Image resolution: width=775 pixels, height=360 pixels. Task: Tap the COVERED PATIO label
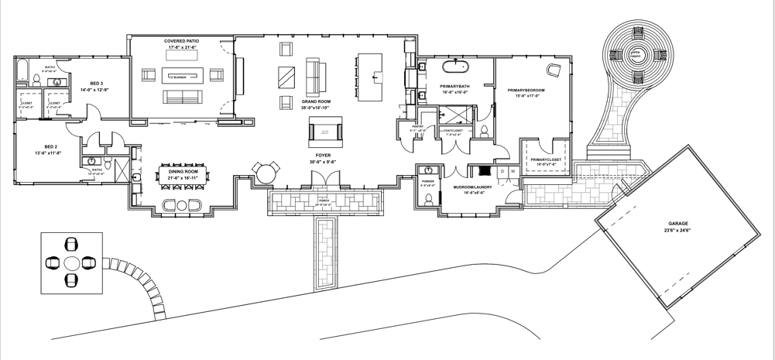pos(183,40)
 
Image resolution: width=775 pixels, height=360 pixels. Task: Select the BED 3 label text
pos(96,84)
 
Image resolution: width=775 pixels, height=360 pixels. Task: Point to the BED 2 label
pos(51,147)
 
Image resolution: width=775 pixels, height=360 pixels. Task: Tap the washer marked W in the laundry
pos(513,170)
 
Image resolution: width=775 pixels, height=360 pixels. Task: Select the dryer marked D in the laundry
pos(502,170)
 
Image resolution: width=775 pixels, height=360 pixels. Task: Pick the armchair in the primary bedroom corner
pos(554,71)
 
